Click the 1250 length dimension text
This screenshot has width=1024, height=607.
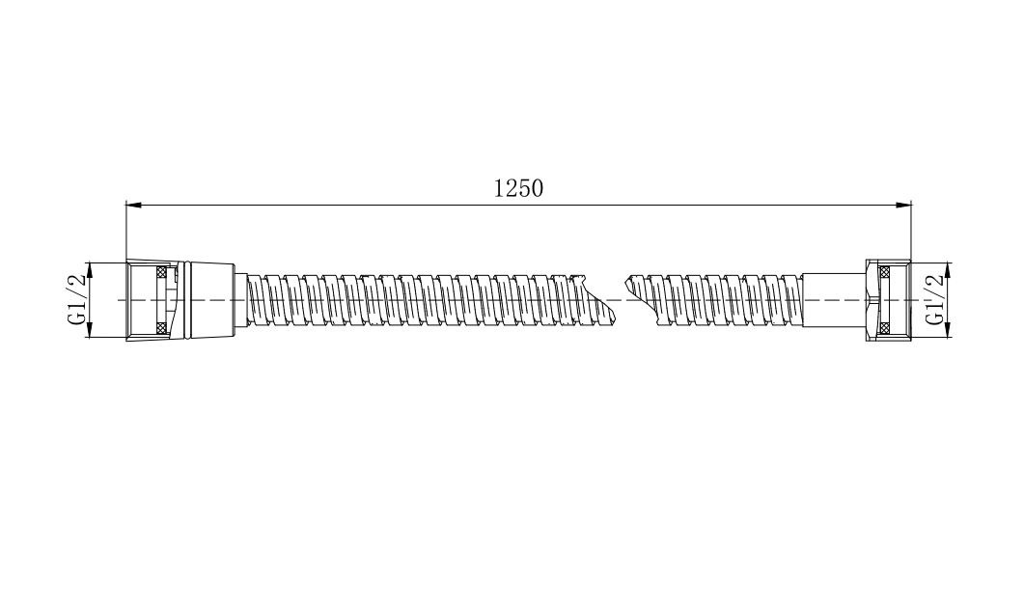518,188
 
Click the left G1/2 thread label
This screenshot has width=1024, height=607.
77,300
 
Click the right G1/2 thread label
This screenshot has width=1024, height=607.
934,299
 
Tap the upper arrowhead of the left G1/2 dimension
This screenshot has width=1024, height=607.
89,269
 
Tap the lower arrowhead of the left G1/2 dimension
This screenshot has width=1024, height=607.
89,331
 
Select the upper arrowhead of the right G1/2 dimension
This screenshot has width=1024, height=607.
948,269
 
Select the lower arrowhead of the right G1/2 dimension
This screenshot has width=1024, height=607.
948,331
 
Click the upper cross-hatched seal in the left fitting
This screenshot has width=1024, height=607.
160,272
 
